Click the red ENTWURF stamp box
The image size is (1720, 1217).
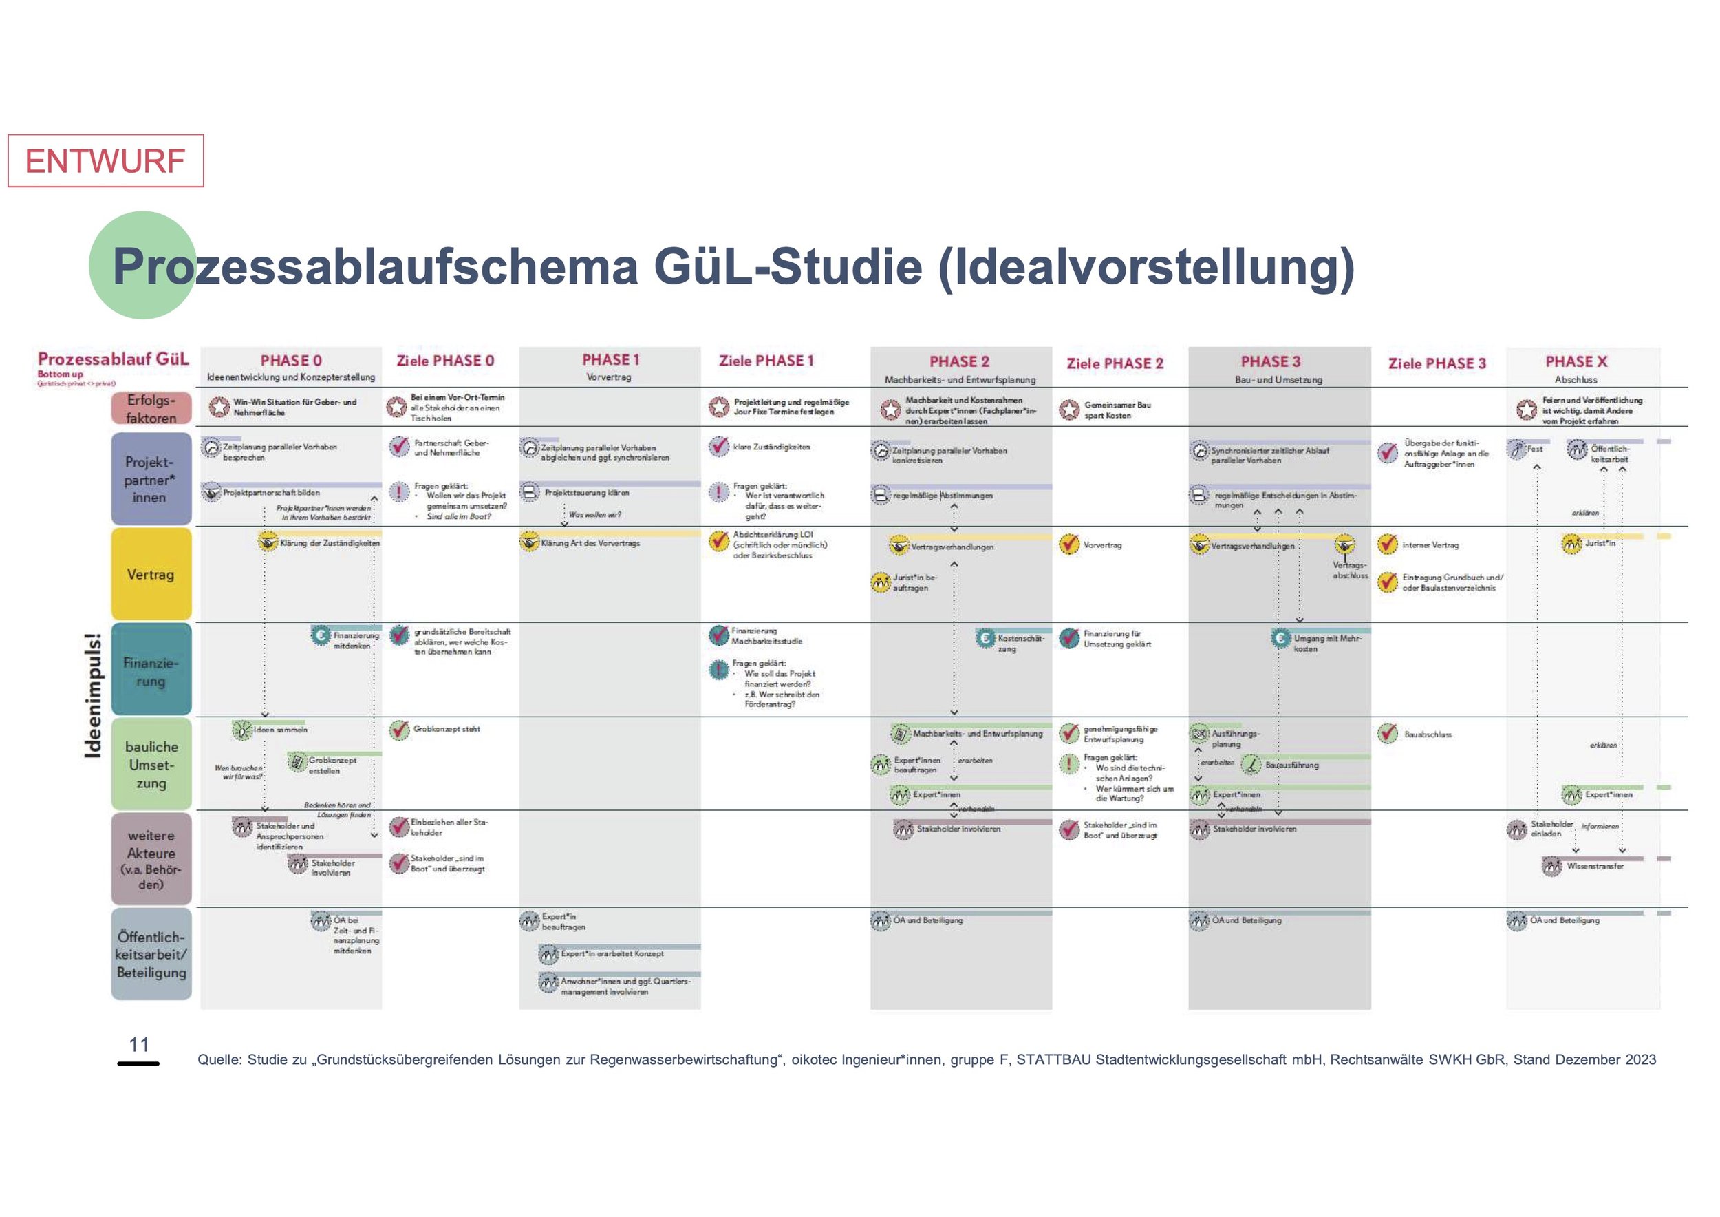[106, 160]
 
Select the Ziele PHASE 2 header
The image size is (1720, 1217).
[1115, 363]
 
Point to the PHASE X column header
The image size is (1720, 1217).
[1576, 361]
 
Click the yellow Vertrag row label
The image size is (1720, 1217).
[151, 575]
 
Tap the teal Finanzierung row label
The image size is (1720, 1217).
[151, 671]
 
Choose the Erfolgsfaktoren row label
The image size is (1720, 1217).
[151, 409]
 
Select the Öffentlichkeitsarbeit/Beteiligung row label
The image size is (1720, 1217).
[151, 954]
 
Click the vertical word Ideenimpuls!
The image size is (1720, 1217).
[94, 695]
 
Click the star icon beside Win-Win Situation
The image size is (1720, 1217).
[219, 407]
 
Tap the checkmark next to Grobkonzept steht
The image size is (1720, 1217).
[399, 729]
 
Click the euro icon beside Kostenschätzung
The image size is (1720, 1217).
[985, 639]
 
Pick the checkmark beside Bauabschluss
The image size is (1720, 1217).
[1388, 734]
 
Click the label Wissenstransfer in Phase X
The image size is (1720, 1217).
[1595, 867]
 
